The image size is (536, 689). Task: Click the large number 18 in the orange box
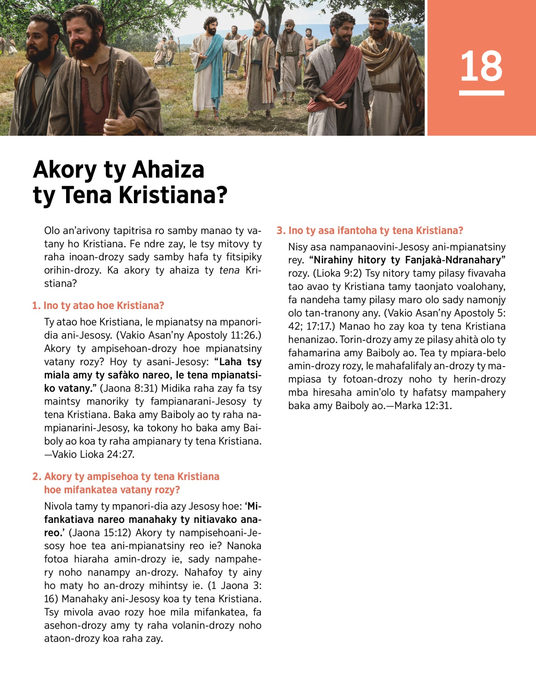pyautogui.click(x=481, y=67)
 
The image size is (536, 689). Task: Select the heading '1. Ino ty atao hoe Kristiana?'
pyautogui.click(x=98, y=305)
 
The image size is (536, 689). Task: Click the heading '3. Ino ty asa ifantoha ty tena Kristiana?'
pyautogui.click(x=370, y=230)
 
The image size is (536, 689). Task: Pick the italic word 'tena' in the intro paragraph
pyautogui.click(x=229, y=270)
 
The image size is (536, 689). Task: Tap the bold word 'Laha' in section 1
pyautogui.click(x=230, y=362)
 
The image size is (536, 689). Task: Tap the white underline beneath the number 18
pyautogui.click(x=481, y=93)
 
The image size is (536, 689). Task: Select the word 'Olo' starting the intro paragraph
pyautogui.click(x=52, y=231)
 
